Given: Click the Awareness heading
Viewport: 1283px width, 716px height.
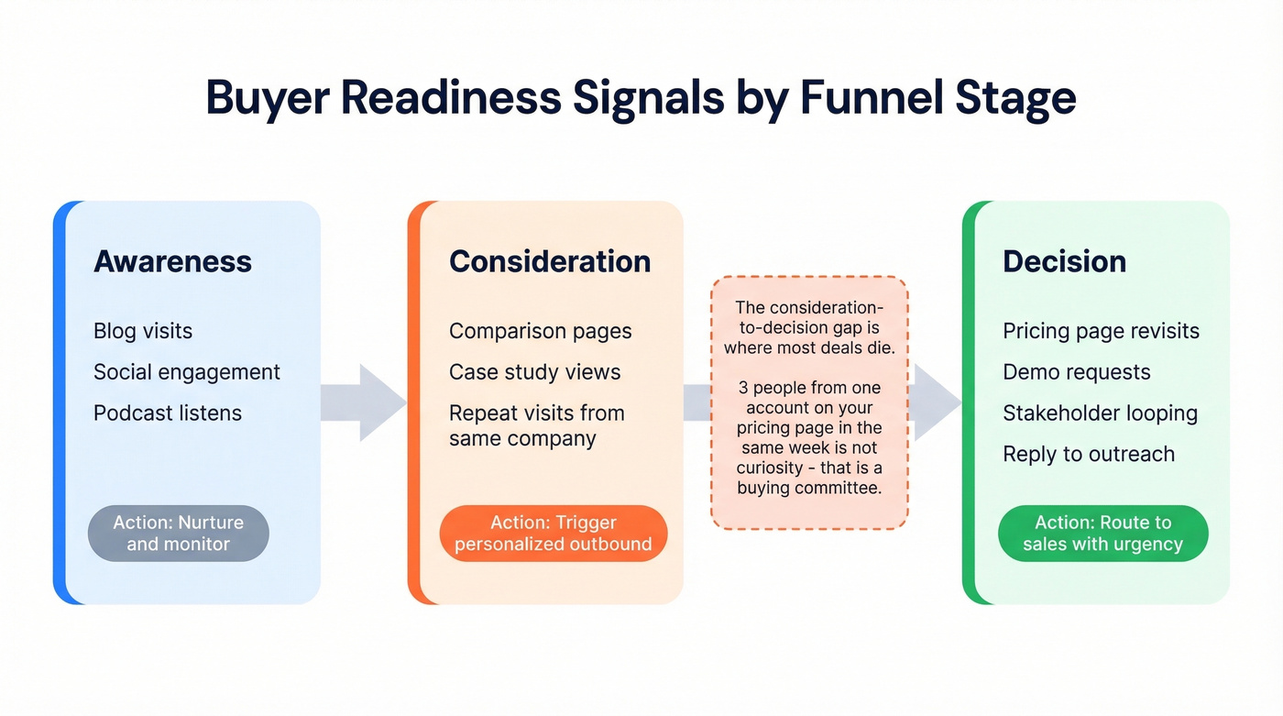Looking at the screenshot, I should [x=172, y=261].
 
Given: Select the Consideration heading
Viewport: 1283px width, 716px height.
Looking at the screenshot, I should [x=550, y=261].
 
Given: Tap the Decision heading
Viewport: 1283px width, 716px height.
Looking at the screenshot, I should [x=1064, y=261].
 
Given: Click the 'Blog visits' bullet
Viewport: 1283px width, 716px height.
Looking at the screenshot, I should [x=143, y=331].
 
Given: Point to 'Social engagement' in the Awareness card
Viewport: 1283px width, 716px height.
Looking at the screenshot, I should [x=187, y=372].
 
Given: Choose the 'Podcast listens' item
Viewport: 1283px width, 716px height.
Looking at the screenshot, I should [x=168, y=413].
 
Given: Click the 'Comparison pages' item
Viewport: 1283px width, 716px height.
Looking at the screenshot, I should [x=540, y=331].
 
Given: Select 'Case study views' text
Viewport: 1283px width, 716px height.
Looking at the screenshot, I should [x=534, y=372].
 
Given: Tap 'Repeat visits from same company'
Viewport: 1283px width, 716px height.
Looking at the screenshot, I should [x=536, y=425].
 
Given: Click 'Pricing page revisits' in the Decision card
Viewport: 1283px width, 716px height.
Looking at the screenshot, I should [x=1101, y=331].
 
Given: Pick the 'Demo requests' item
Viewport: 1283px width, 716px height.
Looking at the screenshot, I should [x=1076, y=372].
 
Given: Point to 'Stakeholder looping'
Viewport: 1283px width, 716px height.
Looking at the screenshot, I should [x=1100, y=413].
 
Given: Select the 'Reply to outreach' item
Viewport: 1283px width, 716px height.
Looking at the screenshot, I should [x=1088, y=454].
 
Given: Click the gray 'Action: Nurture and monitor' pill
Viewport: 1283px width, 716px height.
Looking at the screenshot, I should [x=179, y=534].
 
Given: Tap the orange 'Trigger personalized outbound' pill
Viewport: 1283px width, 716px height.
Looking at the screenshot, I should [x=554, y=534].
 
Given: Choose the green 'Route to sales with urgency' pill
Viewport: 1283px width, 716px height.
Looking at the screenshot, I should [x=1102, y=534].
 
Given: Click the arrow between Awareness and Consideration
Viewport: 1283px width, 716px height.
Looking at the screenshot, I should [x=364, y=402].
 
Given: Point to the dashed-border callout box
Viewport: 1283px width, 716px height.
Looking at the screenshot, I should [x=809, y=403].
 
